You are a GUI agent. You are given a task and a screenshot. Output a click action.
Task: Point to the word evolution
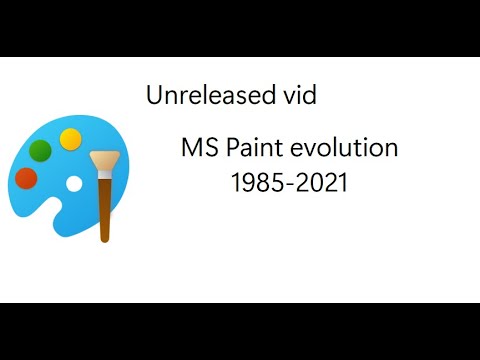pos(346,149)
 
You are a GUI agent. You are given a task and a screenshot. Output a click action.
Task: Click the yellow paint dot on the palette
pos(70,137)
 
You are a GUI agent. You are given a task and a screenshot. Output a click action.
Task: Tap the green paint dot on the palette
pos(40,151)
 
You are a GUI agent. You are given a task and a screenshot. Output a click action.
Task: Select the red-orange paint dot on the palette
pos(26,178)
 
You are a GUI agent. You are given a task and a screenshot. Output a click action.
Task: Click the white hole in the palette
pos(73,184)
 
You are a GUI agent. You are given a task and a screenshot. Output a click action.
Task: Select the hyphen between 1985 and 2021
pos(288,184)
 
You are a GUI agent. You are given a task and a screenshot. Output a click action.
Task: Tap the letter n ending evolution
pos(392,151)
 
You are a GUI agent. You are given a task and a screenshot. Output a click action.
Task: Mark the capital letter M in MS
pos(189,149)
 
